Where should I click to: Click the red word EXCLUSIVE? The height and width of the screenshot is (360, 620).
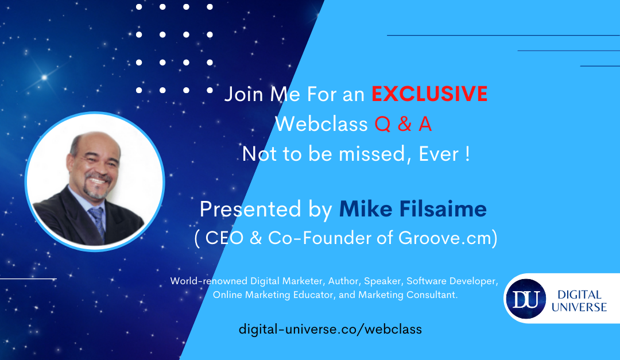(x=429, y=94)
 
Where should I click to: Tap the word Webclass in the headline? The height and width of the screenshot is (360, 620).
(x=321, y=124)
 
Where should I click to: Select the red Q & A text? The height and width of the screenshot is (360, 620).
(x=403, y=124)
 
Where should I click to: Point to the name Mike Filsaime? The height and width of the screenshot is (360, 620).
(x=413, y=208)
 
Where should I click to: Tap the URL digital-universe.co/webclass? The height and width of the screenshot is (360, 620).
(x=330, y=329)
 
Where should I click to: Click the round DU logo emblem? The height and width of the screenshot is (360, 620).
(x=526, y=299)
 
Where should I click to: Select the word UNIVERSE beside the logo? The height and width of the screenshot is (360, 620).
(x=579, y=307)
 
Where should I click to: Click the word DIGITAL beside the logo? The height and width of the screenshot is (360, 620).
(x=579, y=295)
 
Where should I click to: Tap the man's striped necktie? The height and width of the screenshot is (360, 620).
(x=98, y=222)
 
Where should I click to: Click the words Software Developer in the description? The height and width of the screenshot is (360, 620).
(x=451, y=281)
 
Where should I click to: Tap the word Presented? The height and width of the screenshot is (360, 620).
(x=250, y=209)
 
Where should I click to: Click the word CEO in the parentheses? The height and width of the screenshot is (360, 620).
(x=224, y=238)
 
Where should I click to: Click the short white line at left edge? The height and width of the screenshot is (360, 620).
(x=28, y=279)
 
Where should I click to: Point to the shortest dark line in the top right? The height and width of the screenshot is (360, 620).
(x=600, y=66)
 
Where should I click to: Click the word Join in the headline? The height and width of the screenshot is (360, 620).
(x=244, y=94)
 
